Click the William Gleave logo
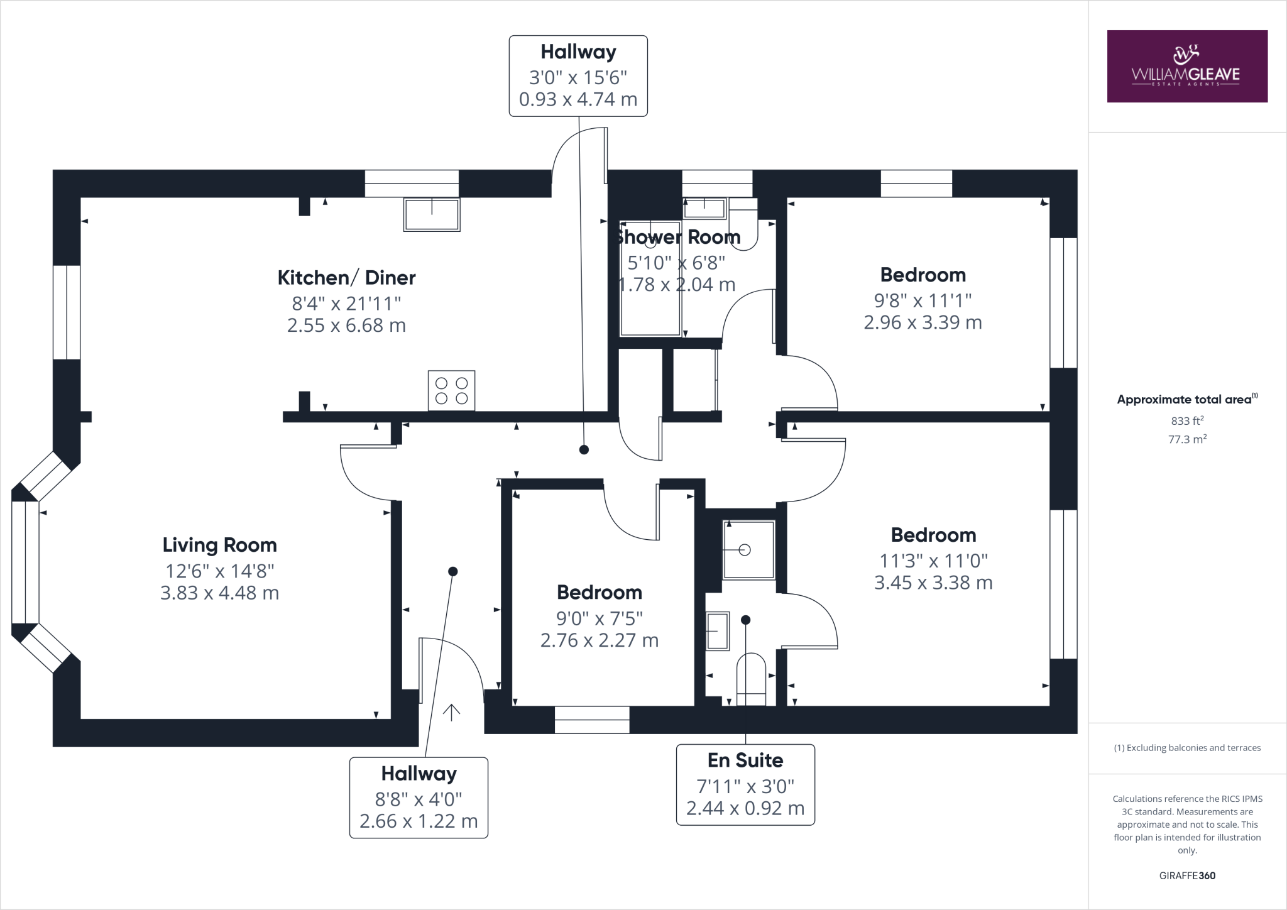(x=1186, y=66)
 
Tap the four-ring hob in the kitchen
(x=451, y=390)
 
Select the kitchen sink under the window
(x=432, y=214)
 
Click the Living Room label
(x=219, y=545)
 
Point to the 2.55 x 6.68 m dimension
(x=346, y=326)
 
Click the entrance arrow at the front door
(x=451, y=712)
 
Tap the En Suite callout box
(x=745, y=784)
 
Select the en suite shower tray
(x=748, y=550)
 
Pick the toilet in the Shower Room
(x=744, y=226)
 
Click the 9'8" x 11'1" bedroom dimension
(x=923, y=300)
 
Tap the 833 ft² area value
(x=1186, y=421)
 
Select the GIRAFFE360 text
(x=1186, y=875)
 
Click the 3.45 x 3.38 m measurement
(x=933, y=583)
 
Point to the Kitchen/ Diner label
(x=346, y=277)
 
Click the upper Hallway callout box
(x=578, y=76)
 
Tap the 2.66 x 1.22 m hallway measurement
(x=419, y=821)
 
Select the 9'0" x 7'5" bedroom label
(x=599, y=618)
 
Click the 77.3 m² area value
(x=1186, y=439)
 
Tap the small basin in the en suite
(x=717, y=631)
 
